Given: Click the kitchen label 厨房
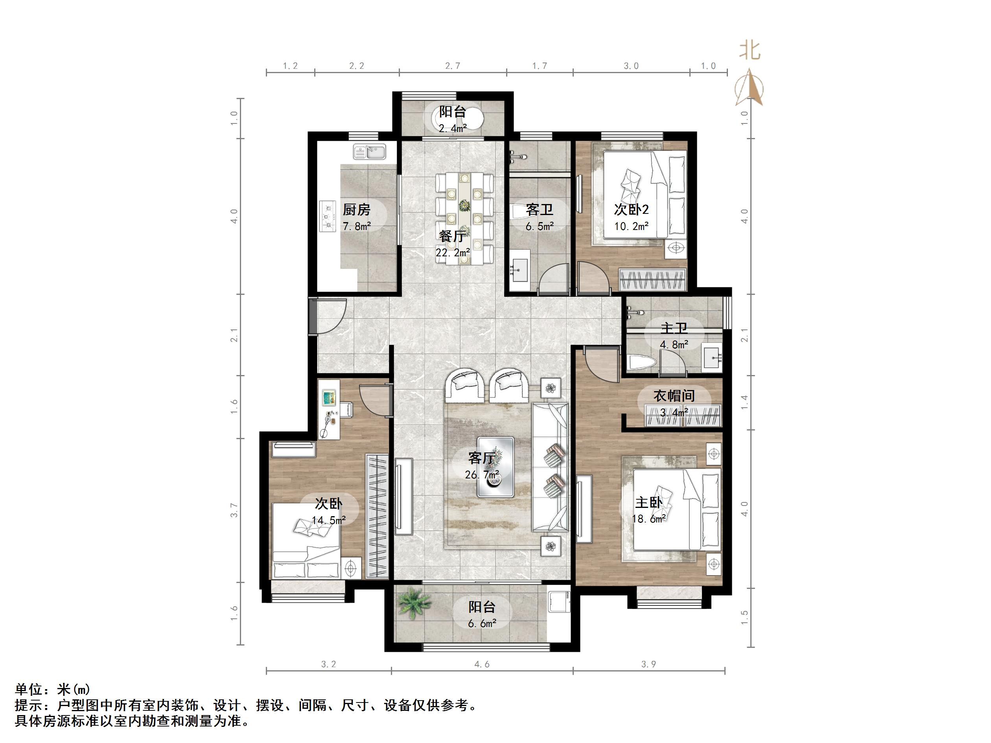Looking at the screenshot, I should pyautogui.click(x=357, y=210).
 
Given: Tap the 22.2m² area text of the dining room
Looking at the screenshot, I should pyautogui.click(x=453, y=253).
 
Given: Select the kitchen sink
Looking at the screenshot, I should pyautogui.click(x=370, y=151).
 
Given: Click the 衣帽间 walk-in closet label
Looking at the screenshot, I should pyautogui.click(x=674, y=395).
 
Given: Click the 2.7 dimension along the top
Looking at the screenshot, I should pyautogui.click(x=453, y=66).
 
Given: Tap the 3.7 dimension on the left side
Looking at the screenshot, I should pyautogui.click(x=234, y=510).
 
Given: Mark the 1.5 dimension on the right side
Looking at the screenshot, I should pyautogui.click(x=744, y=618).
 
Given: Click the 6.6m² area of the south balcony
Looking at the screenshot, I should pyautogui.click(x=482, y=623).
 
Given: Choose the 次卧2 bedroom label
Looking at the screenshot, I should pyautogui.click(x=631, y=210).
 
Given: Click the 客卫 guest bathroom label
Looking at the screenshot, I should pyautogui.click(x=540, y=210).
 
